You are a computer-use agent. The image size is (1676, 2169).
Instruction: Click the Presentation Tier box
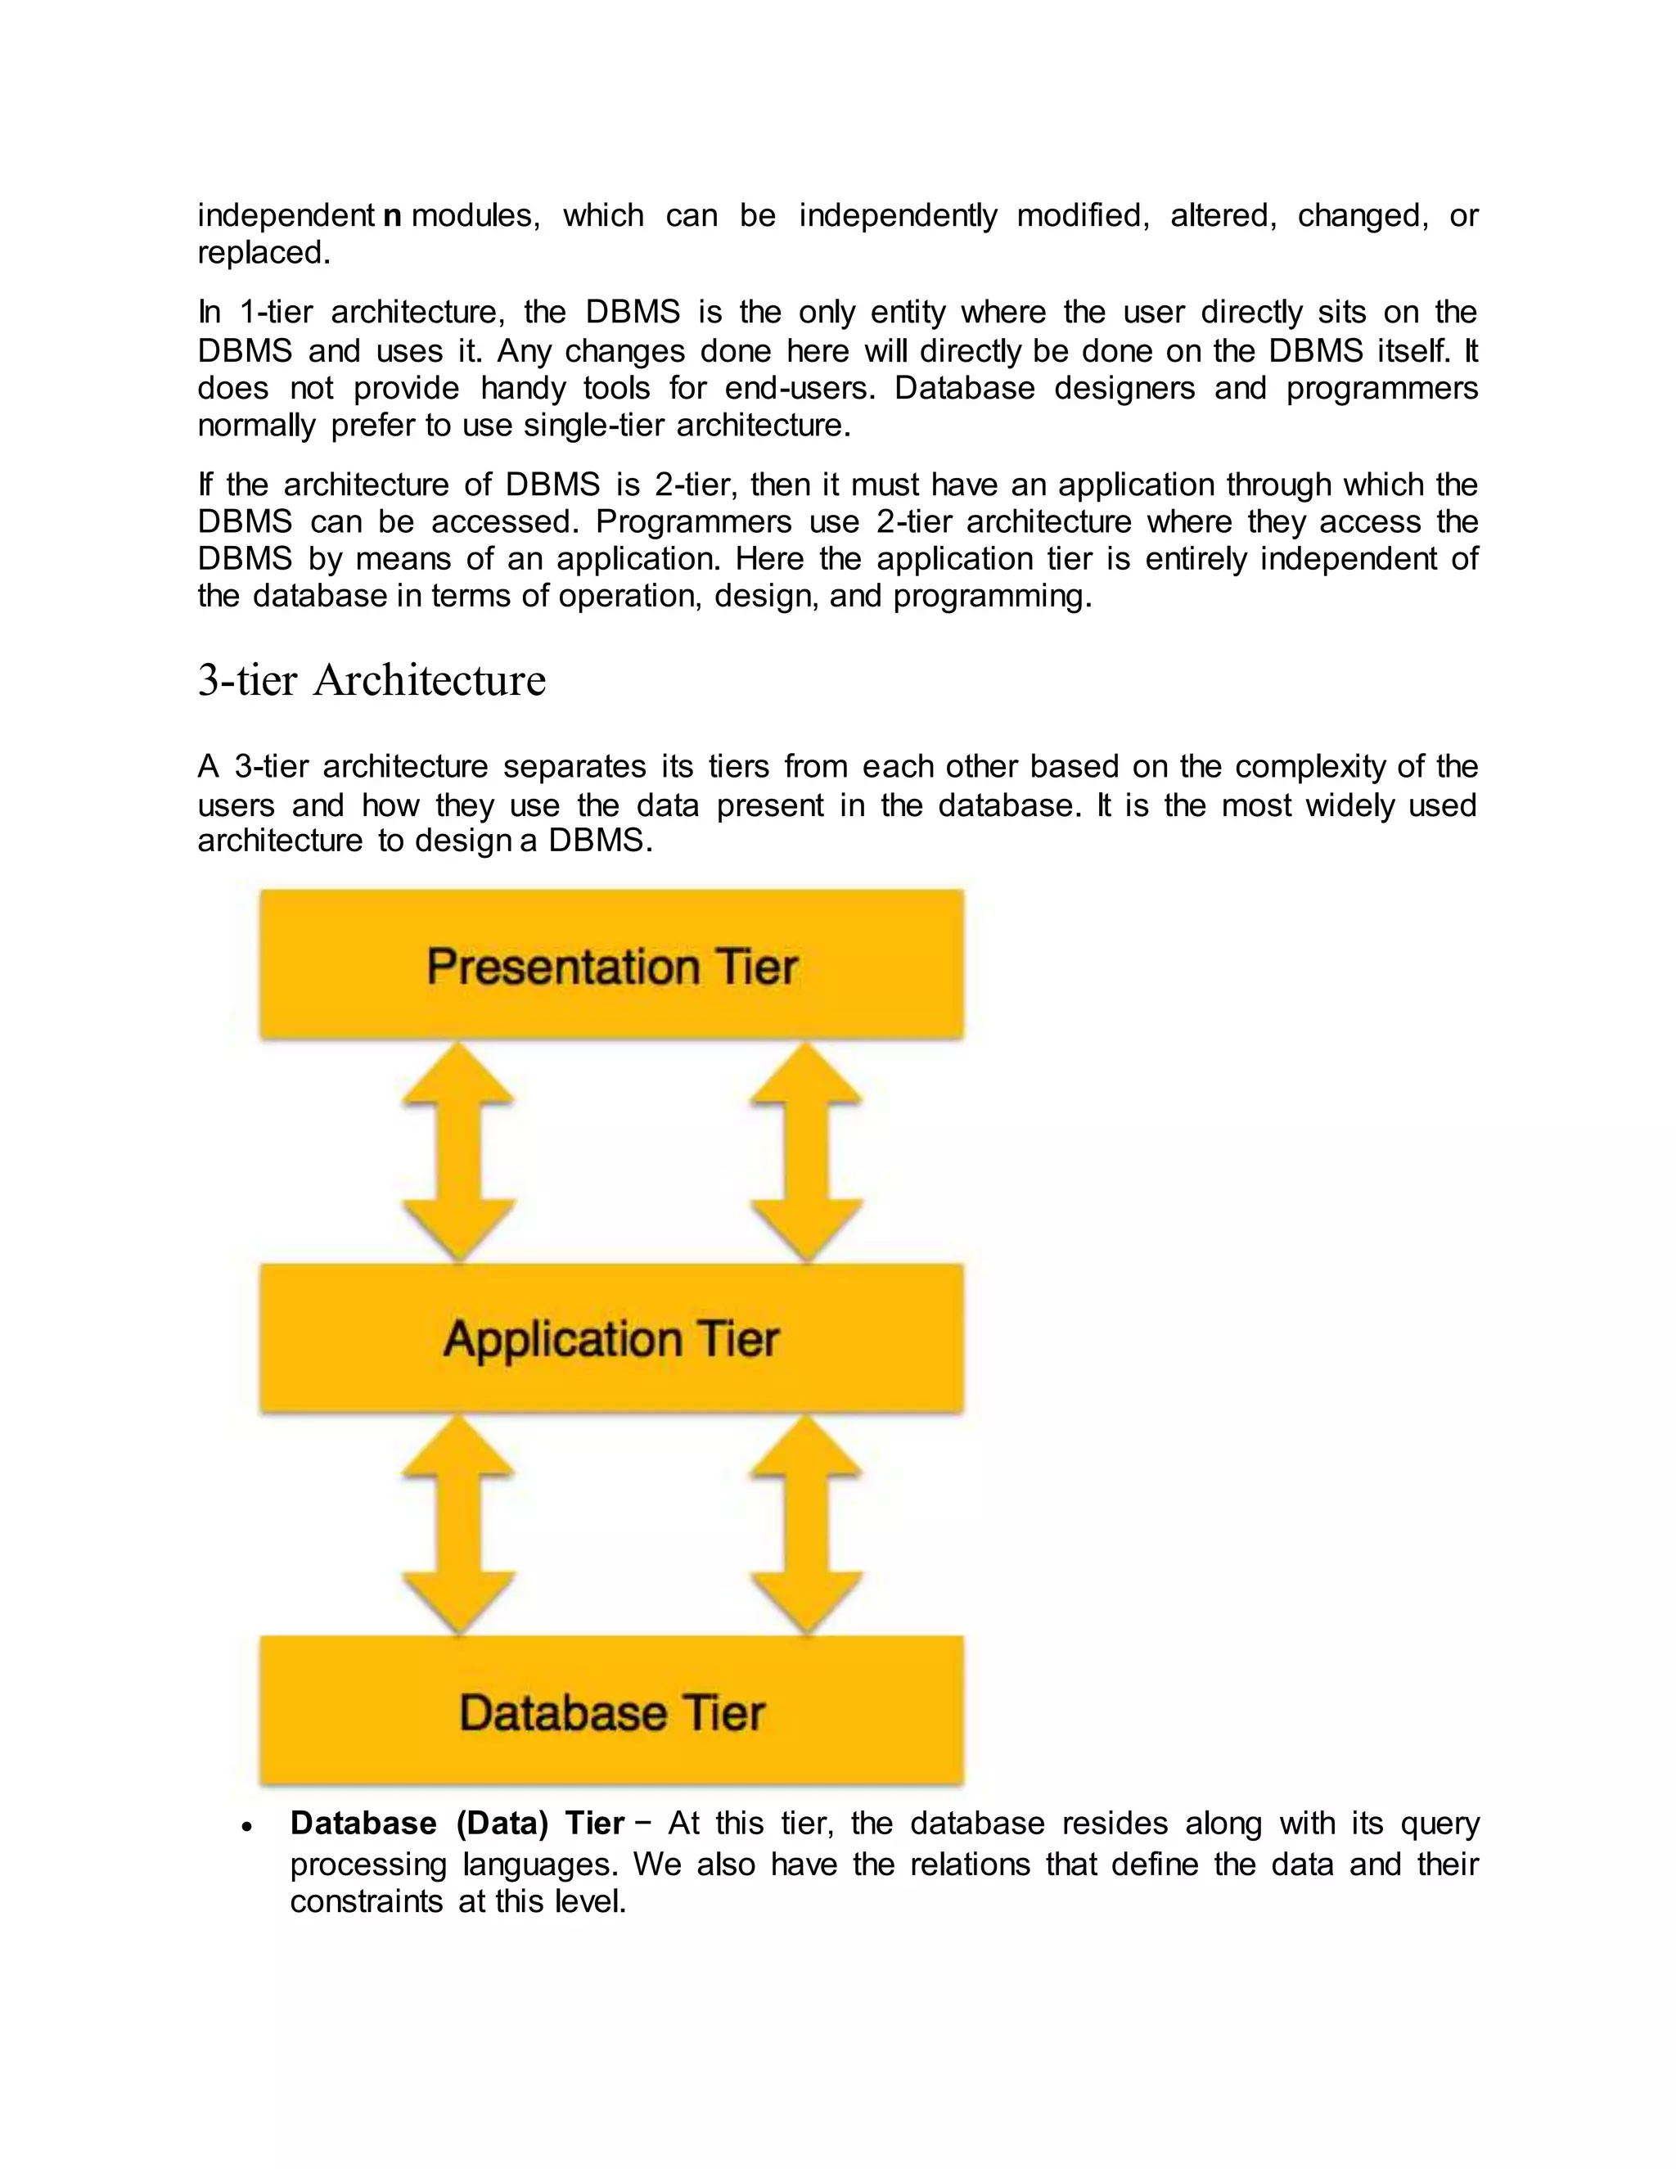611,964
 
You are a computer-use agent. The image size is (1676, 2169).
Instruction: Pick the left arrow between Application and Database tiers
457,1525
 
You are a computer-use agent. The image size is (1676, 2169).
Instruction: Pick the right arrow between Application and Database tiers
806,1525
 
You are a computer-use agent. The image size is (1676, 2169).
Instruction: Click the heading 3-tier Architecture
372,681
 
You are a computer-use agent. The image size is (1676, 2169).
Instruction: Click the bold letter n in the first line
392,215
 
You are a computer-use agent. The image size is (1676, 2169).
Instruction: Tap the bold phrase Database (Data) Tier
457,1824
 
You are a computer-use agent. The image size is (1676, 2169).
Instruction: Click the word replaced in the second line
262,253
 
